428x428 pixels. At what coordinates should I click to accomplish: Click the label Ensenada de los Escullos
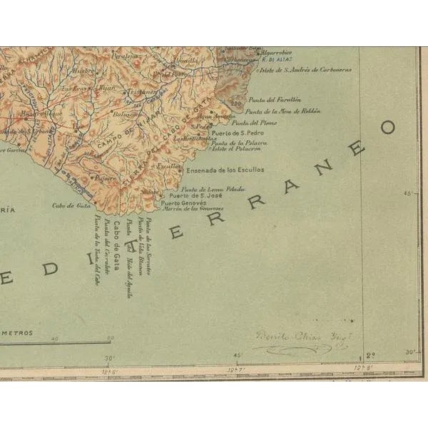tap(225, 170)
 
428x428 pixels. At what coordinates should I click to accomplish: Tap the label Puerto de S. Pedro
tap(229, 133)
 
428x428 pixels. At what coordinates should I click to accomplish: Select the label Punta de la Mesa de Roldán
tap(282, 111)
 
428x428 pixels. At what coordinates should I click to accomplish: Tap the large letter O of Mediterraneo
tap(387, 128)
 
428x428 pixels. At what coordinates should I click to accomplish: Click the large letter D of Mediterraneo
tap(49, 269)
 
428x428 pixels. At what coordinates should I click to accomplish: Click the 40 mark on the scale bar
tap(55, 338)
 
